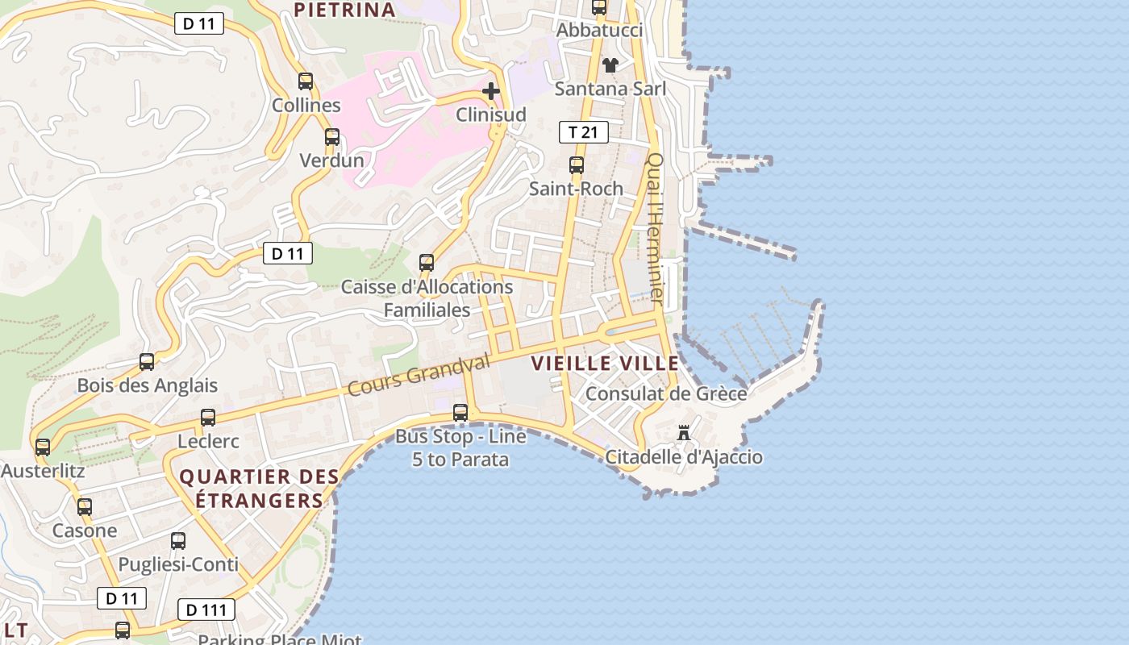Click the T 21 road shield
[x=583, y=131]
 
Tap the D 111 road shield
[x=206, y=610]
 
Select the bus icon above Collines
[x=306, y=81]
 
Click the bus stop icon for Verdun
[x=331, y=137]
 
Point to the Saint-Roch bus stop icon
[x=576, y=165]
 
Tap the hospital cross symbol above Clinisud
[x=490, y=91]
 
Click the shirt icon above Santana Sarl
[x=610, y=65]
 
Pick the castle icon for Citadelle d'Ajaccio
[x=684, y=434]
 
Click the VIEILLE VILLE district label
[x=605, y=364]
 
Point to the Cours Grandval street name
[x=419, y=375]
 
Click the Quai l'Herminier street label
[x=656, y=230]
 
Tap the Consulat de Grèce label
[x=666, y=394]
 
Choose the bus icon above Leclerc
[x=208, y=418]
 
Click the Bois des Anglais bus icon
[x=147, y=362]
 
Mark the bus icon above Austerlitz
[x=43, y=447]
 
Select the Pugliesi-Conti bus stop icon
[x=178, y=541]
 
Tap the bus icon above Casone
[x=85, y=507]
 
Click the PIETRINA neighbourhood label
[x=344, y=10]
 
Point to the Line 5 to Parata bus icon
[x=460, y=413]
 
